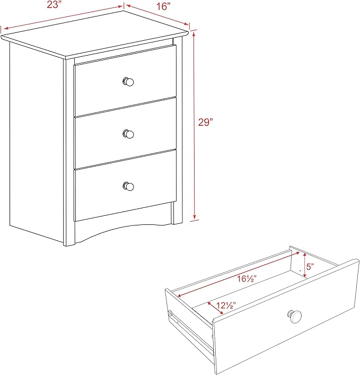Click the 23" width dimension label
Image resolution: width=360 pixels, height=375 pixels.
[x=54, y=4]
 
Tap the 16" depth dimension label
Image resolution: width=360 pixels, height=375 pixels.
[x=163, y=6]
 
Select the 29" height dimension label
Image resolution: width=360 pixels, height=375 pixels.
[x=205, y=122]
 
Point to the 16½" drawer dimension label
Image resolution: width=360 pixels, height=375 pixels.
[x=247, y=278]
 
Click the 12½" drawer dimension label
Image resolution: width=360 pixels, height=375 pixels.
[x=226, y=306]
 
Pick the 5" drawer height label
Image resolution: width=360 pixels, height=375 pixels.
[x=310, y=266]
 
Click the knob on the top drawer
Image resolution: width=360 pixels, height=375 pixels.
[x=128, y=82]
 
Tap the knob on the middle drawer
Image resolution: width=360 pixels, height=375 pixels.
[x=128, y=134]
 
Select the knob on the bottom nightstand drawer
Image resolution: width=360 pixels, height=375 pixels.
[x=128, y=186]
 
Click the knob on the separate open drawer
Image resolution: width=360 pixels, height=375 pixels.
[x=294, y=316]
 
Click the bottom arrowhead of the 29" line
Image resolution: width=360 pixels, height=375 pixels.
[x=195, y=217]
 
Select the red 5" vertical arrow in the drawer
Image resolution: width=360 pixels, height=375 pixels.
[x=305, y=265]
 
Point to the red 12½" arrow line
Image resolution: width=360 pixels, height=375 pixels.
[x=215, y=308]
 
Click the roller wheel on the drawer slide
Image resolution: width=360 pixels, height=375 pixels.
[x=170, y=313]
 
